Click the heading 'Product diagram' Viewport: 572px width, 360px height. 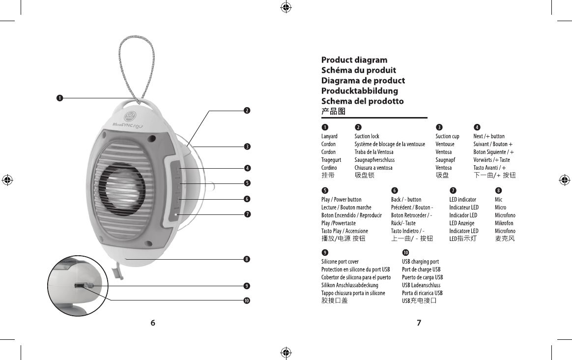pos(354,60)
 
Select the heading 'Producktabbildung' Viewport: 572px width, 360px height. pos(360,91)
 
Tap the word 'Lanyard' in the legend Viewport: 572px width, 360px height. pos(329,136)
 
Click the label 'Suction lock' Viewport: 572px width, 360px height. pos(367,136)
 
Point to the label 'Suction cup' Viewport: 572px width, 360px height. pos(447,136)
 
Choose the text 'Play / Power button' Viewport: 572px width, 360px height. pos(341,200)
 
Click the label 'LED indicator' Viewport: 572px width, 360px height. pos(462,200)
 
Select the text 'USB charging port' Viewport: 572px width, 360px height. pos(420,262)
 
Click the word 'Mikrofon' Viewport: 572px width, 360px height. pos(504,223)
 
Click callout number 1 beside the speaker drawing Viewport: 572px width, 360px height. pos(59,98)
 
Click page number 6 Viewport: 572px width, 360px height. pos(153,323)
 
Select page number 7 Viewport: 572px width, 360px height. pos(419,323)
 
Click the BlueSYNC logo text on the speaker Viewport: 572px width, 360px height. pos(129,124)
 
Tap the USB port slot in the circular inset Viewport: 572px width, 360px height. pos(79,285)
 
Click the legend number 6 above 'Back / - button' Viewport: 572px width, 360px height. pos(395,190)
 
